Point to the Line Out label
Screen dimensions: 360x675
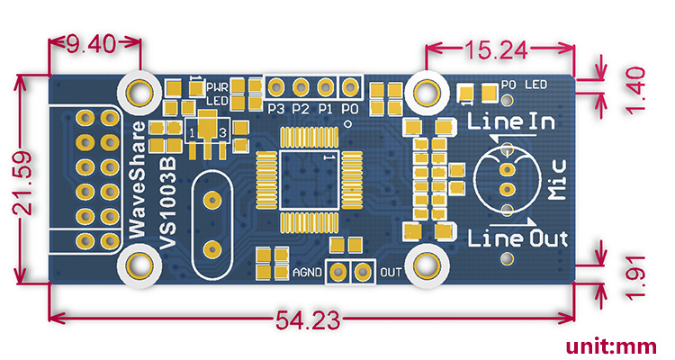click(x=518, y=238)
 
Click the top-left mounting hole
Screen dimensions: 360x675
click(x=139, y=89)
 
